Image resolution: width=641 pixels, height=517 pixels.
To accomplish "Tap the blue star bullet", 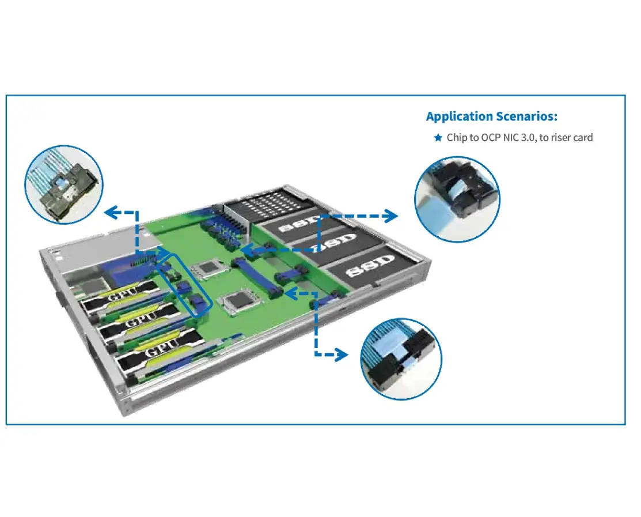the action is coord(438,137).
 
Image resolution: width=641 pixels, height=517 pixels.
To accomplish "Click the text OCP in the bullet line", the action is coord(490,137).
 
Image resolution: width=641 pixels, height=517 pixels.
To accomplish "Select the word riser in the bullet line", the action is coord(560,138).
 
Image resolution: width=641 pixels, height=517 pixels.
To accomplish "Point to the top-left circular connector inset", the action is coord(64,184).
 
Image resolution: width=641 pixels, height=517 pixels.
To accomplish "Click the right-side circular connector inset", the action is coord(457,199).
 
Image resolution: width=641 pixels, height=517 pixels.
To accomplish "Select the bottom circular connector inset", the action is coord(401,359).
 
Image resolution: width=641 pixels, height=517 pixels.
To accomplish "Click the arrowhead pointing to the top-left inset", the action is coord(111,212).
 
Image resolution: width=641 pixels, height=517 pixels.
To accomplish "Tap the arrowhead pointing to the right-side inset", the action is coord(391,216).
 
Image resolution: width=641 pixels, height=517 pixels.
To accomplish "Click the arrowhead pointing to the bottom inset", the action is coord(341,354).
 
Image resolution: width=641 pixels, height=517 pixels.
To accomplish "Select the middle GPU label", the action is coord(141,319).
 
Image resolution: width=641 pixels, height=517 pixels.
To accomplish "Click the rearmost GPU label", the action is coord(122,294).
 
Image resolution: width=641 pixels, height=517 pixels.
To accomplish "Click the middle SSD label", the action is coord(336,243).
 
